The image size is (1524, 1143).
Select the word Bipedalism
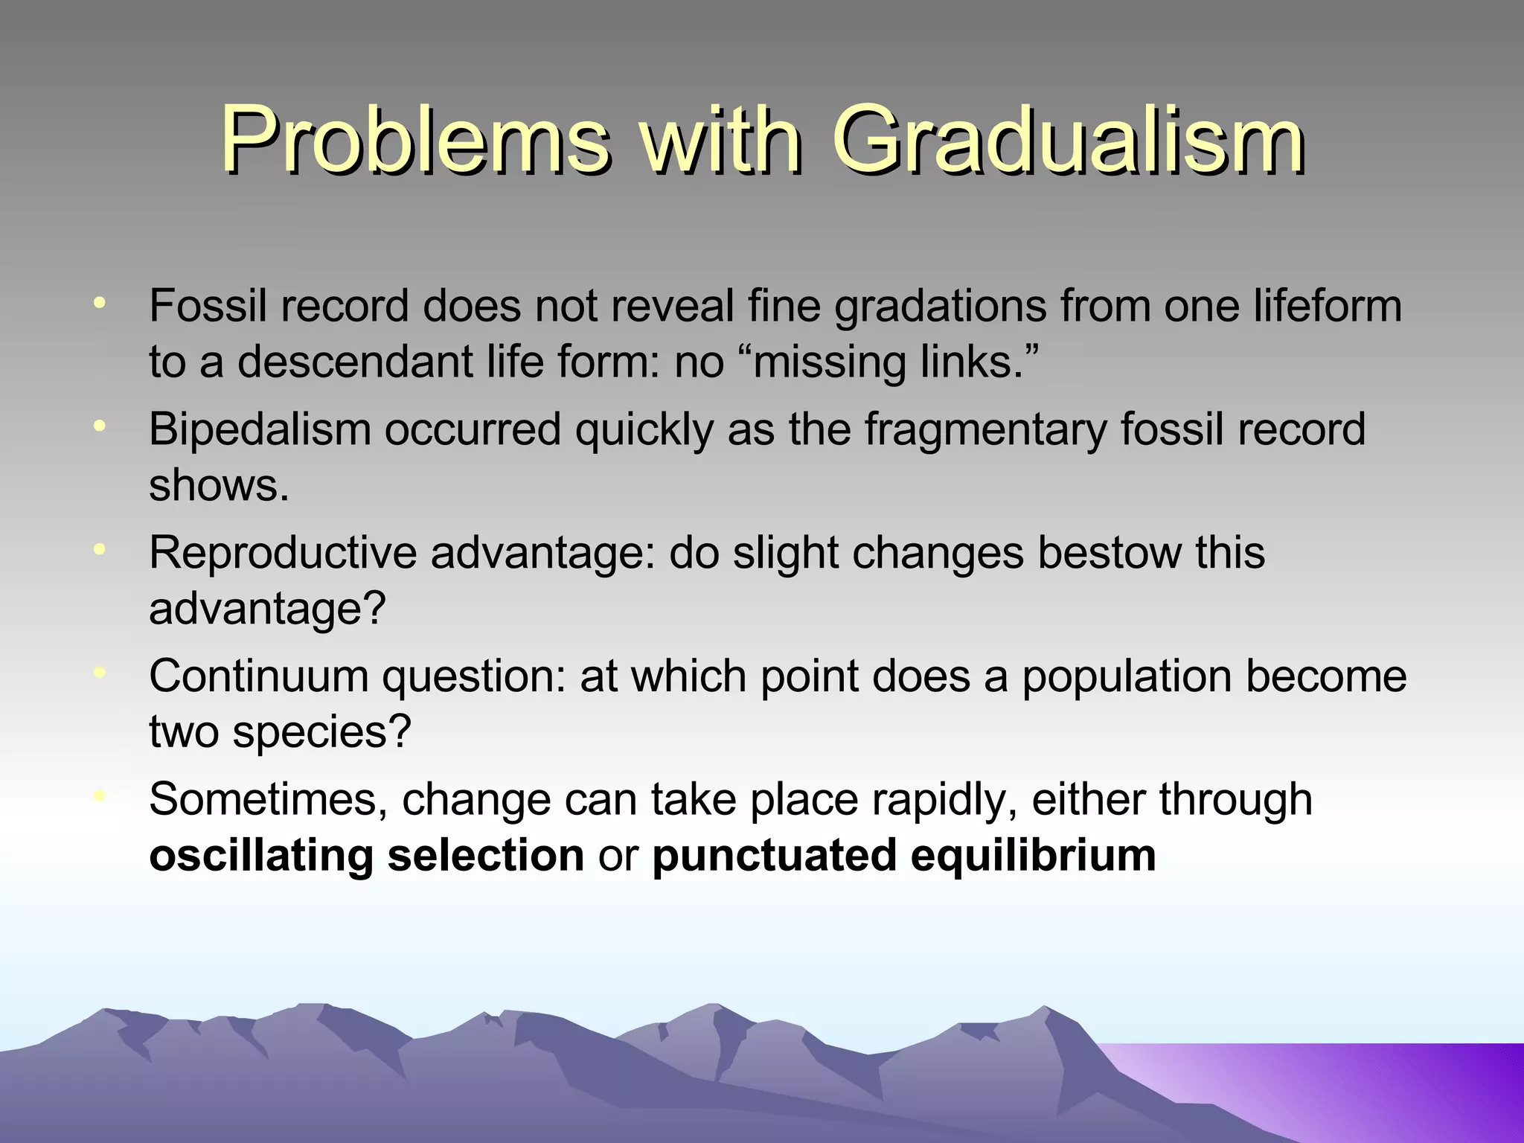click(x=259, y=429)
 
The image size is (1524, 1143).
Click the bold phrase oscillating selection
click(x=366, y=855)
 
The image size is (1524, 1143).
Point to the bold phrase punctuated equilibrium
click(x=903, y=855)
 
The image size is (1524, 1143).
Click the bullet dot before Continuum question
click(x=100, y=673)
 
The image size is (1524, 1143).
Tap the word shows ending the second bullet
click(x=218, y=485)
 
